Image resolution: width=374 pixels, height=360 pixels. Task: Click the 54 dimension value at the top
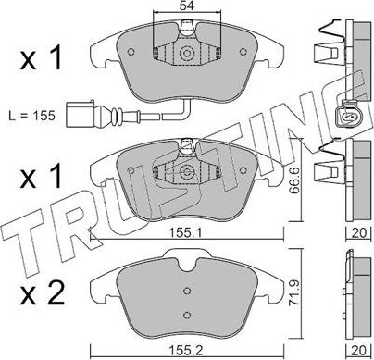[187, 6]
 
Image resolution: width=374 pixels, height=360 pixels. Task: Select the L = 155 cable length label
[32, 116]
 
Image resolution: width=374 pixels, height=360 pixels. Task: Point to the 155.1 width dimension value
[186, 232]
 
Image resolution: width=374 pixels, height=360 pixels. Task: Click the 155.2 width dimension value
[186, 350]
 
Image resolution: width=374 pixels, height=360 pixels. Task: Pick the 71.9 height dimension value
[293, 293]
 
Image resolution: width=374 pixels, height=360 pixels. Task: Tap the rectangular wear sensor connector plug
[79, 114]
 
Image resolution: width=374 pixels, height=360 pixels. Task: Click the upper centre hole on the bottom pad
[187, 291]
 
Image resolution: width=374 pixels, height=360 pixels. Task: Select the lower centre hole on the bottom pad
[187, 315]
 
